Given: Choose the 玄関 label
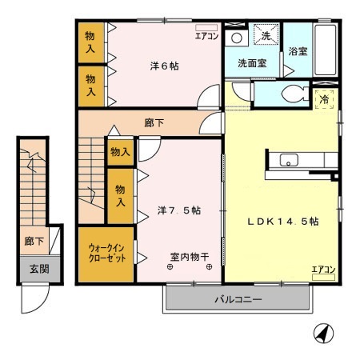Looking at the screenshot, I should click(34, 269).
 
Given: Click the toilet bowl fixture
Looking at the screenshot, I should click(293, 94).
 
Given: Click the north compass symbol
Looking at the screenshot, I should click(321, 332).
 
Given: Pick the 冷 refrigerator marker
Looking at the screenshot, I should click(325, 99).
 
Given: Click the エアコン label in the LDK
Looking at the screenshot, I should click(323, 269).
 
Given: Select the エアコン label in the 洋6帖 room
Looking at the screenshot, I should click(206, 34).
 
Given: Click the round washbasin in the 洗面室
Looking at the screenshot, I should click(236, 38).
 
